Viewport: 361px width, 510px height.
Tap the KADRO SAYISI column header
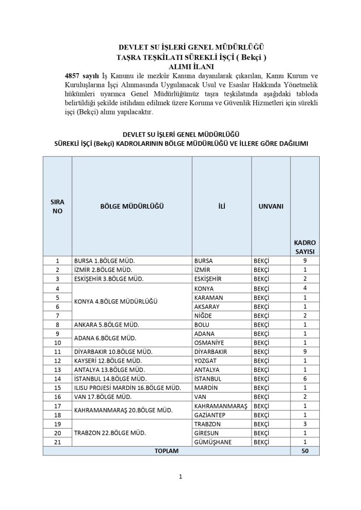click(305, 247)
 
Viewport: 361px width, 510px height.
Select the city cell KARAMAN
click(207, 297)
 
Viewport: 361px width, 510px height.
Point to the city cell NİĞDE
click(203, 315)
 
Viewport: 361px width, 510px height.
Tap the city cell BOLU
click(201, 325)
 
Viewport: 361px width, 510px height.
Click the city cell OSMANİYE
click(208, 343)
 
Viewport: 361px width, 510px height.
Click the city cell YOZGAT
click(204, 361)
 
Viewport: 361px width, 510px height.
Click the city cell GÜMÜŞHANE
click(211, 441)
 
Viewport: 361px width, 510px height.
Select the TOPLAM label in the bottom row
click(166, 451)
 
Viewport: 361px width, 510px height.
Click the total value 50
click(305, 451)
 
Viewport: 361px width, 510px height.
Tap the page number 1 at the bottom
click(180, 477)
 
